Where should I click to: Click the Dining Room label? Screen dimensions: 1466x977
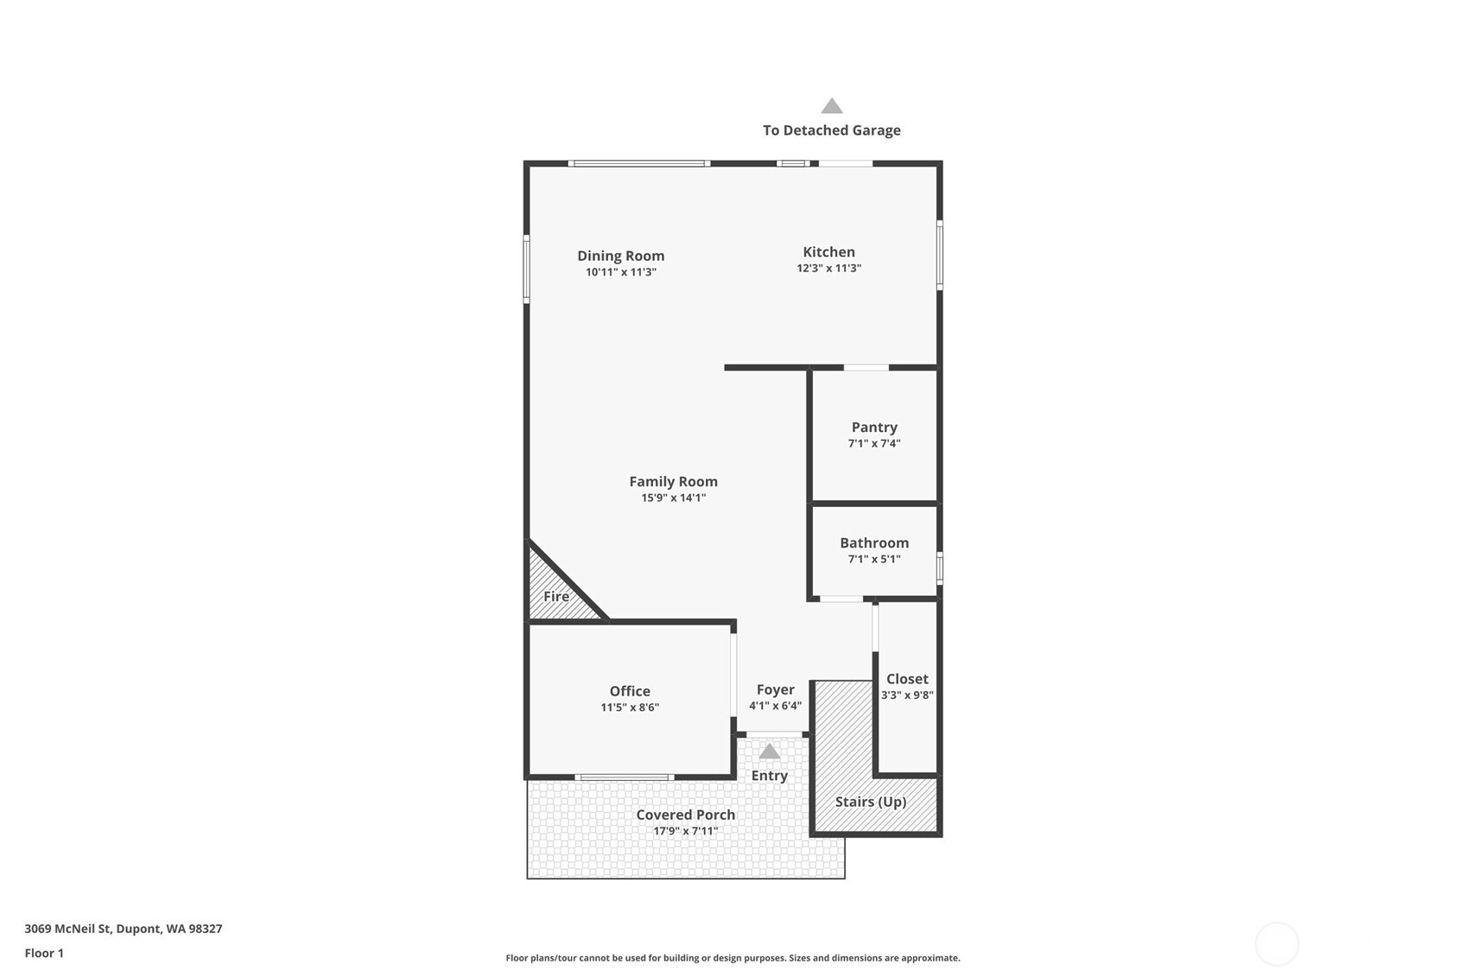620,256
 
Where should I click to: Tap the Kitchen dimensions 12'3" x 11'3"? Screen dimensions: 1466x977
828,269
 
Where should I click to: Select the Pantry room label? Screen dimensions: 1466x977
874,428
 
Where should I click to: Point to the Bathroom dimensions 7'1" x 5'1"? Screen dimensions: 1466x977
874,559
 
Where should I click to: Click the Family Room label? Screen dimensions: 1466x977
674,482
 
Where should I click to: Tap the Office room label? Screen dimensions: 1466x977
630,691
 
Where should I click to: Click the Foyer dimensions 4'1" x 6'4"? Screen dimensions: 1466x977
776,706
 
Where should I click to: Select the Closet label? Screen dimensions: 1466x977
907,679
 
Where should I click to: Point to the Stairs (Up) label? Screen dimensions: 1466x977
871,802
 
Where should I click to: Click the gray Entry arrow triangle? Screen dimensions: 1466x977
770,752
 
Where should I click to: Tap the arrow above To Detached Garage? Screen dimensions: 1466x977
832,106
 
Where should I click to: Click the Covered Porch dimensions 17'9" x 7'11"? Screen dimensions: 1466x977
686,832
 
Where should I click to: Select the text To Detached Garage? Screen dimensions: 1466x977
832,130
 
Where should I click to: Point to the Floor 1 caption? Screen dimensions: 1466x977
45,954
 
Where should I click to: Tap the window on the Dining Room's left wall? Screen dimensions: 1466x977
526,269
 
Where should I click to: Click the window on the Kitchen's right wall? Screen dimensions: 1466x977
940,255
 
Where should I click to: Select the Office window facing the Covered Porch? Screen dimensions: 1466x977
625,777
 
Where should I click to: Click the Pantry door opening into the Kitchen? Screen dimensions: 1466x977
866,368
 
